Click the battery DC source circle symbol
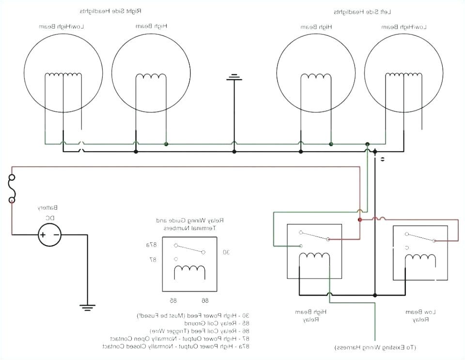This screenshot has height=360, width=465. pyautogui.click(x=50, y=235)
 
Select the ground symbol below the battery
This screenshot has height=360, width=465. pyautogui.click(x=88, y=307)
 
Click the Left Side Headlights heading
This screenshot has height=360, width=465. pyautogui.click(x=361, y=11)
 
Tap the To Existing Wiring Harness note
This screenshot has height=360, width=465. pyautogui.click(x=375, y=347)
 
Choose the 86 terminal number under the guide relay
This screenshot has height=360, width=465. pyautogui.click(x=205, y=300)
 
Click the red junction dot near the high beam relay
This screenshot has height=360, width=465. pyautogui.click(x=359, y=219)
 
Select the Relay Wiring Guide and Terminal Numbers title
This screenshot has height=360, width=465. pyautogui.click(x=189, y=223)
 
